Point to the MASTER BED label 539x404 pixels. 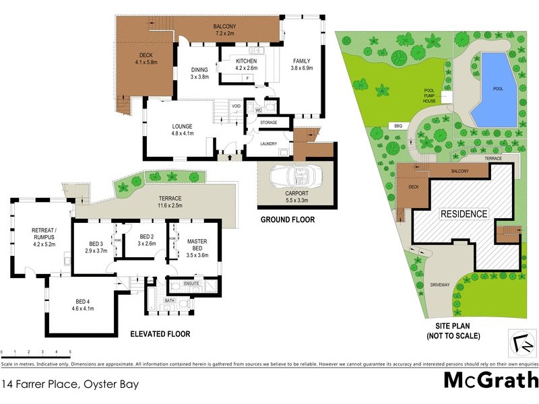[197, 244]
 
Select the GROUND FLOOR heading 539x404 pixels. [287, 220]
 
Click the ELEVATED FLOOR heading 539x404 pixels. [161, 333]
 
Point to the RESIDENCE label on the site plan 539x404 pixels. [464, 214]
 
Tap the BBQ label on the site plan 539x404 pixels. [398, 126]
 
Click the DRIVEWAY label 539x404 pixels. [439, 285]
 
